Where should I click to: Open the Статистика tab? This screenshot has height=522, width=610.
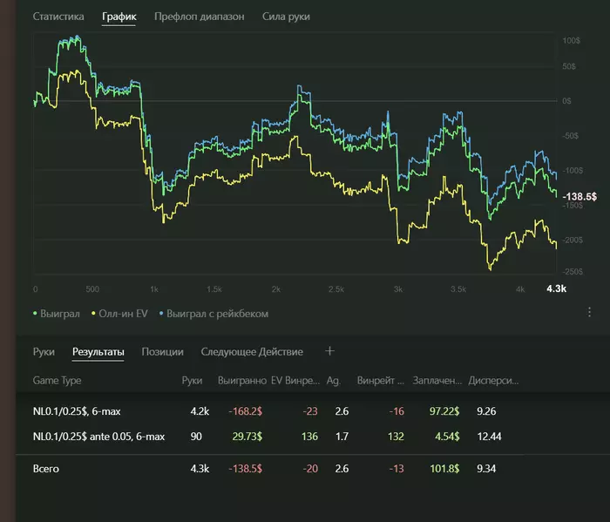(58, 17)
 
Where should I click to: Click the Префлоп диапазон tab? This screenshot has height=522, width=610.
(199, 17)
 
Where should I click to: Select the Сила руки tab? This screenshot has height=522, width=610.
(286, 17)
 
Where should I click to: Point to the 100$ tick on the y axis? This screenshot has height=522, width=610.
(571, 41)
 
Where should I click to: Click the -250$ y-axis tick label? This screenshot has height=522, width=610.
(571, 272)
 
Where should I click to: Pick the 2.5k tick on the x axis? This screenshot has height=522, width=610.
(336, 288)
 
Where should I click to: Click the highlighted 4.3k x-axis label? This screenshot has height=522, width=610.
(555, 288)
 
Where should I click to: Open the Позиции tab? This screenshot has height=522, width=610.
(162, 352)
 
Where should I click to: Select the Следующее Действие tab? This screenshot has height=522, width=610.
(252, 352)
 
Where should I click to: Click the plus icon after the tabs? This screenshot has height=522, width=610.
(329, 351)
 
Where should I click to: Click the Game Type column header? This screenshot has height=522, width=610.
(57, 381)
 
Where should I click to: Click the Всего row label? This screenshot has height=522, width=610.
(47, 469)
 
